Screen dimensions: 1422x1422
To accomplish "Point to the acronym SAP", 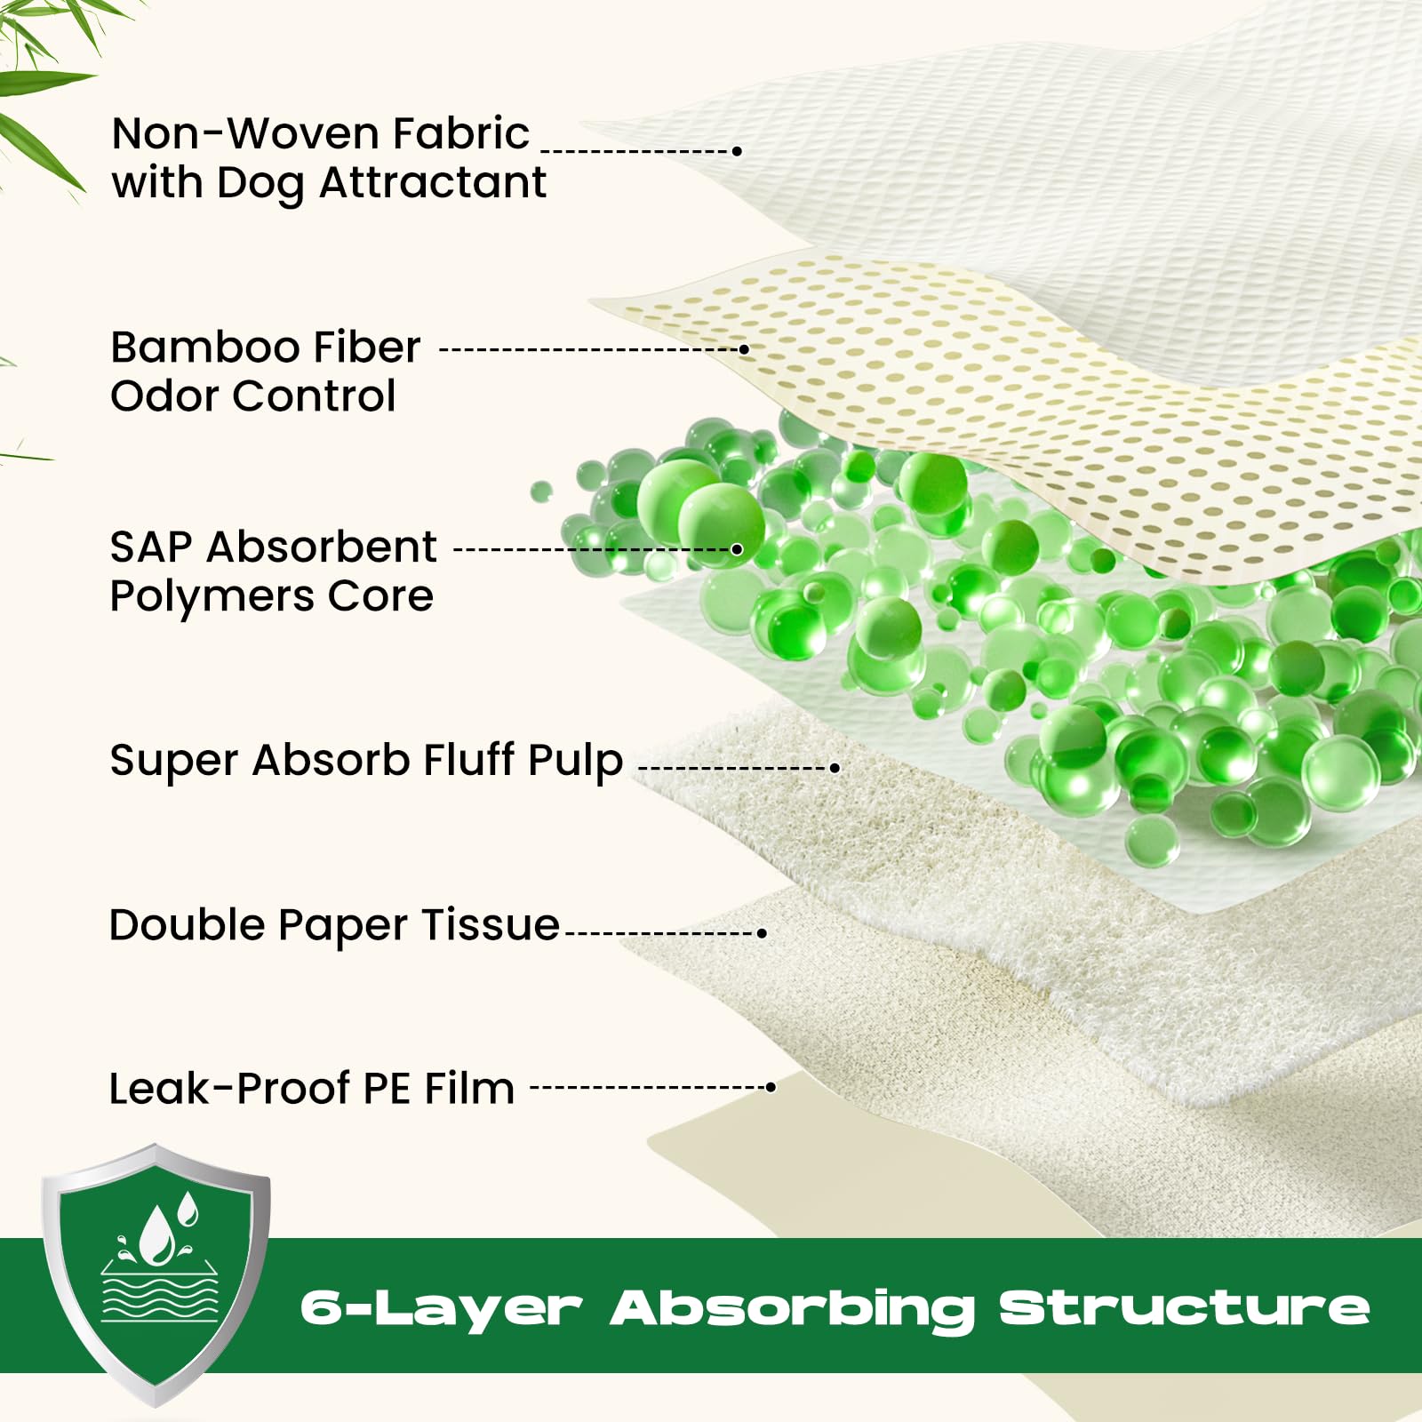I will click(150, 547).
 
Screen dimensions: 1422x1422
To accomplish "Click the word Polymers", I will click(212, 597).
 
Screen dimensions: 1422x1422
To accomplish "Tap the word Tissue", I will click(491, 925).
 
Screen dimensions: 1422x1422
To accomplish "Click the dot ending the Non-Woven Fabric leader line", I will click(737, 151).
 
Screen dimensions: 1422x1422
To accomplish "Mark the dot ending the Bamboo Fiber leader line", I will click(745, 350).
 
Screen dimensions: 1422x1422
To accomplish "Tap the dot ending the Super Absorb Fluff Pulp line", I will click(835, 767).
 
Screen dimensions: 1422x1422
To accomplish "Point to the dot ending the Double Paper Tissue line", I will click(762, 932).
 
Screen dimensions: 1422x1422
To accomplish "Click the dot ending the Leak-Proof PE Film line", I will click(771, 1087).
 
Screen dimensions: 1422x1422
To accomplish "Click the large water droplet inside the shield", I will click(157, 1235).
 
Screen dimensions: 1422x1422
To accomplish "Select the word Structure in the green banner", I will click(1184, 1308).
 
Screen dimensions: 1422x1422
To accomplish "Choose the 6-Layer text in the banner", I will click(441, 1308).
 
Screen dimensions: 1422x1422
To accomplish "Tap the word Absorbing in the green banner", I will click(792, 1308).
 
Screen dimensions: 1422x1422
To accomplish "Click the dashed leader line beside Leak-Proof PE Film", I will click(649, 1087).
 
